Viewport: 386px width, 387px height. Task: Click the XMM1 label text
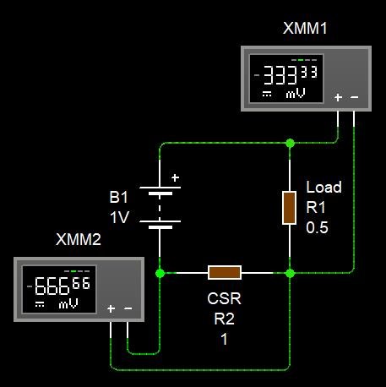(305, 28)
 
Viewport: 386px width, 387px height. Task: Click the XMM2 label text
(79, 239)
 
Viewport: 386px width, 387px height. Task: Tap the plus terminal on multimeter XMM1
(338, 97)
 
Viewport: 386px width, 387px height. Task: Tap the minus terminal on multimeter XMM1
(355, 97)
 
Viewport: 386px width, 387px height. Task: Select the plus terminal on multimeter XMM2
(111, 308)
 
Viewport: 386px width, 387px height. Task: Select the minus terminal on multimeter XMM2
(128, 308)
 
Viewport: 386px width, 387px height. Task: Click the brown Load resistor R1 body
(290, 208)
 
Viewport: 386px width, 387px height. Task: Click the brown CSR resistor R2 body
(225, 272)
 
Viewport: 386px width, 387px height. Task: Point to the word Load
(323, 187)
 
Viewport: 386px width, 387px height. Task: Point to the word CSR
(224, 298)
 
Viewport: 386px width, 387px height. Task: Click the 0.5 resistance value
(317, 227)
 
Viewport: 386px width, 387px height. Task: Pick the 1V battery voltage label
(120, 217)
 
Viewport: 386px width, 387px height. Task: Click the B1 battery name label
(118, 197)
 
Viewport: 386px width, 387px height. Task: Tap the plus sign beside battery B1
(175, 177)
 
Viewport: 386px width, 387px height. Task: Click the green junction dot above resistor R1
(290, 143)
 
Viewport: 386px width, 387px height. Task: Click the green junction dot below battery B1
(160, 273)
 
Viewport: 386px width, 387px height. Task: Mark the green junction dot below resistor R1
(290, 273)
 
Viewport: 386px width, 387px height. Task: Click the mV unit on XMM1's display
(296, 93)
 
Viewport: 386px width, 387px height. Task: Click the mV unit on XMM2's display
(68, 304)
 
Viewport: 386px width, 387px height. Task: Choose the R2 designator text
(224, 319)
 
